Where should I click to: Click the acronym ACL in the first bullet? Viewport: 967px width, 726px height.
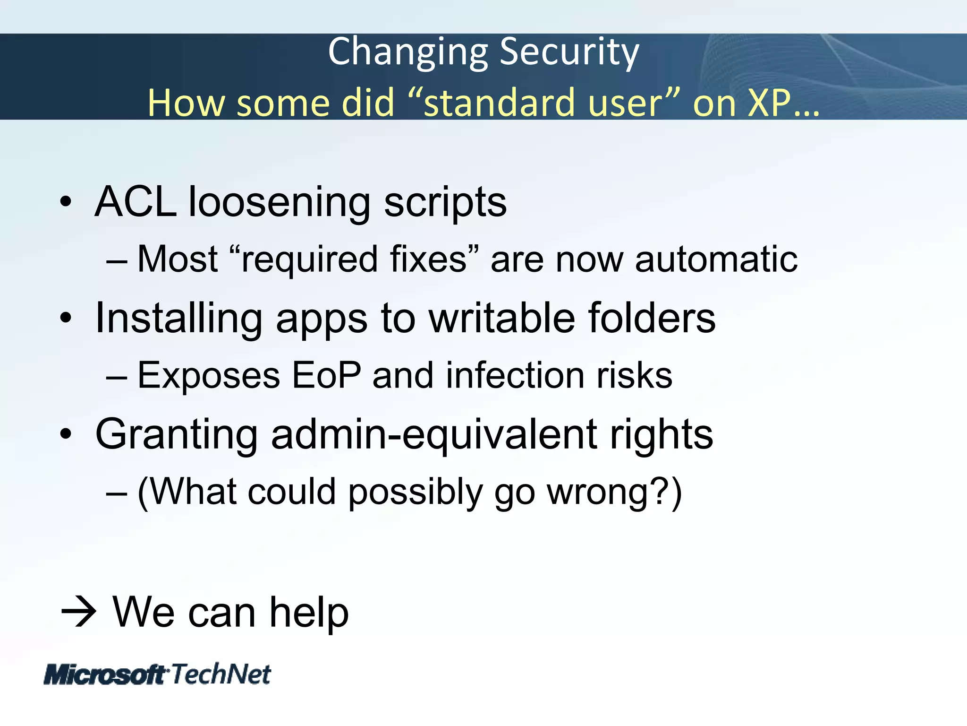click(x=136, y=202)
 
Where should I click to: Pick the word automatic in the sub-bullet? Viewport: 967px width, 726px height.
click(x=716, y=259)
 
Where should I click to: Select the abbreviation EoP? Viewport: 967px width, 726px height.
click(x=326, y=375)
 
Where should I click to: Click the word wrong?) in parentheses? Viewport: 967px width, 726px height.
click(x=614, y=493)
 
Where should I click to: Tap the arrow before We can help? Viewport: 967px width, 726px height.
click(x=79, y=612)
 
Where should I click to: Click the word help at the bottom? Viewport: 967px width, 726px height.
click(x=309, y=612)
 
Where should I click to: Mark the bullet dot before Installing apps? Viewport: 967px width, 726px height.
click(x=66, y=318)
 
